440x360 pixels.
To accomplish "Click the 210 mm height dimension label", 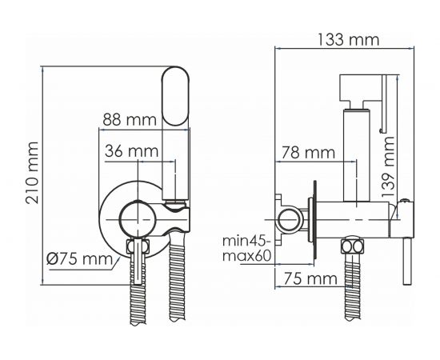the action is click(32, 173).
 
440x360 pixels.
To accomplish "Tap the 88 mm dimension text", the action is click(130, 119).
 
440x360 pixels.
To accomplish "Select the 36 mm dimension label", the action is click(132, 151).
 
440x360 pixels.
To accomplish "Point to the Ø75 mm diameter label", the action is click(80, 258).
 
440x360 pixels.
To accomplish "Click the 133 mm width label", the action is click(348, 39).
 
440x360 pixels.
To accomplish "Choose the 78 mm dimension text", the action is click(308, 153).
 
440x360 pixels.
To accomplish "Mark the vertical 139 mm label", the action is click(388, 166).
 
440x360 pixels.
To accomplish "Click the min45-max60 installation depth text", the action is click(247, 248).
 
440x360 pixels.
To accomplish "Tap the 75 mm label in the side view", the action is click(310, 278).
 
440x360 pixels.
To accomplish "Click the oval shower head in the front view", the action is click(176, 96).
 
